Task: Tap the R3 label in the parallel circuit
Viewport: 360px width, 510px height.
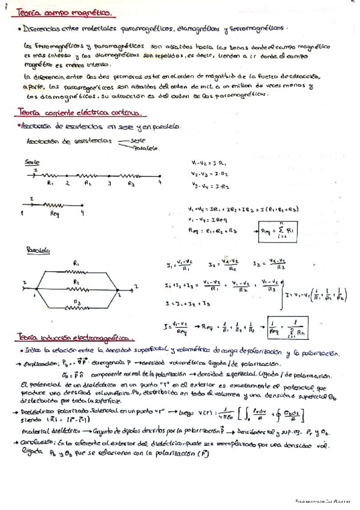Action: coord(75,303)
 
